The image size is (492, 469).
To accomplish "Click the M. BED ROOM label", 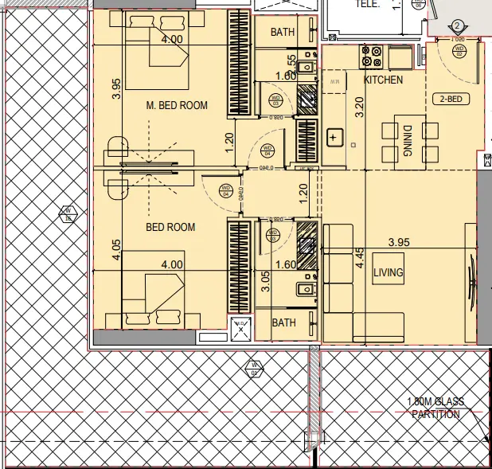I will tap(177, 105).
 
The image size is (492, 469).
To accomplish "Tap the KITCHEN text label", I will tap(383, 80).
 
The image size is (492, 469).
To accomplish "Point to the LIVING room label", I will tap(389, 273).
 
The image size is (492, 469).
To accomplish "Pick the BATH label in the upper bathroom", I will tap(283, 33).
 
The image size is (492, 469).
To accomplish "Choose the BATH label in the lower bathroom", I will tap(284, 322).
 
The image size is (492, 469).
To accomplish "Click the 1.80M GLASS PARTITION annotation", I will tap(435, 408).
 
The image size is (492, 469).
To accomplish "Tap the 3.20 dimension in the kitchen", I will tap(358, 107).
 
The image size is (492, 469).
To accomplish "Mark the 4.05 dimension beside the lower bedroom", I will tap(116, 250).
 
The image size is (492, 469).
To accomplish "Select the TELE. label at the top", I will tap(367, 4).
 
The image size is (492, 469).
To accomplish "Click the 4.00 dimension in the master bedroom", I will tap(172, 39).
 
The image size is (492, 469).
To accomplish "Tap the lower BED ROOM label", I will tap(170, 227).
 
